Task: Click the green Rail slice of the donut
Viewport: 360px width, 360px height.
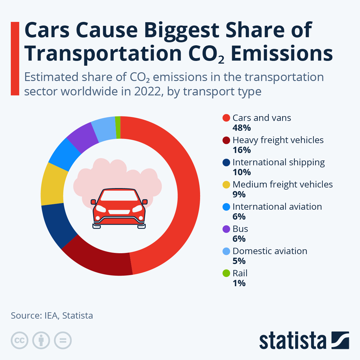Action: (118, 127)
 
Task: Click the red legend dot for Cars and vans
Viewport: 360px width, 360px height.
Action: (226, 118)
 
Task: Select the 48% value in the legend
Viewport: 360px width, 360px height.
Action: (241, 128)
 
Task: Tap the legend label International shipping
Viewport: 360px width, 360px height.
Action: (278, 162)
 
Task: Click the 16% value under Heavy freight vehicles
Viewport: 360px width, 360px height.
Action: (241, 150)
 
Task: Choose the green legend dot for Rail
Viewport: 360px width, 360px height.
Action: (226, 273)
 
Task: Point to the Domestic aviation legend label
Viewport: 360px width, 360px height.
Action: (270, 251)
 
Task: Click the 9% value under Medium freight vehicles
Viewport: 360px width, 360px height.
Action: (239, 195)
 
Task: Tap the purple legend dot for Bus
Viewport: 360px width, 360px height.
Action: (226, 229)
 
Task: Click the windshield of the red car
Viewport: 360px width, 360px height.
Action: (119, 196)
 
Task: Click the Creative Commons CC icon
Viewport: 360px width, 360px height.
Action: (19, 340)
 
